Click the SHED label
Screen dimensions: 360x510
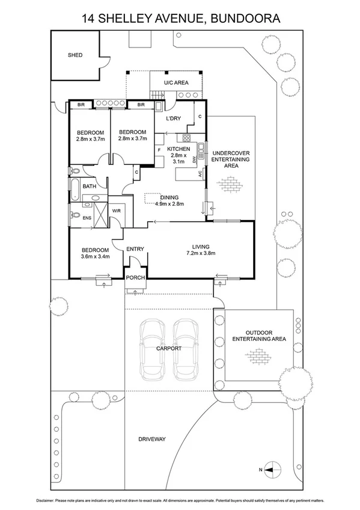pyautogui.click(x=75, y=55)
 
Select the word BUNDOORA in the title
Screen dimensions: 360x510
pyautogui.click(x=246, y=19)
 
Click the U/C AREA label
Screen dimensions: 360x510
pyautogui.click(x=176, y=82)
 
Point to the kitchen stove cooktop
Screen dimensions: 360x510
pyautogui.click(x=186, y=138)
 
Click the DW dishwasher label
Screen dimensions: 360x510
pyautogui.click(x=195, y=159)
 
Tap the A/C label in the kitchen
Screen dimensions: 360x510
pyautogui.click(x=200, y=174)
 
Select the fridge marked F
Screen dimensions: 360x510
pyautogui.click(x=159, y=150)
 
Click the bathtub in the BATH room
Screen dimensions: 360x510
pyautogui.click(x=75, y=189)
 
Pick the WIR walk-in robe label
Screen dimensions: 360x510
pyautogui.click(x=117, y=210)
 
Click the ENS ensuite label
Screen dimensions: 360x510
pyautogui.click(x=87, y=218)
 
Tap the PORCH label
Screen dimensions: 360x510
pyautogui.click(x=135, y=277)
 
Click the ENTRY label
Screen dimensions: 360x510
pyautogui.click(x=135, y=249)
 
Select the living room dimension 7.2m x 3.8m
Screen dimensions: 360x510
pyautogui.click(x=201, y=253)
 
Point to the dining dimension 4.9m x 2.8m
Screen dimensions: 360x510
pyautogui.click(x=169, y=204)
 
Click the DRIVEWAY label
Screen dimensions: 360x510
pyautogui.click(x=152, y=439)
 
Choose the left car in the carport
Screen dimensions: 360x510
pyautogui.click(x=152, y=349)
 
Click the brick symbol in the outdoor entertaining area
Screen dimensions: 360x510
pyautogui.click(x=258, y=356)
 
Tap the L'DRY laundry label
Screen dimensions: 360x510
pyautogui.click(x=173, y=118)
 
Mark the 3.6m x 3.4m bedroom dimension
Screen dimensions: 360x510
pyautogui.click(x=95, y=256)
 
